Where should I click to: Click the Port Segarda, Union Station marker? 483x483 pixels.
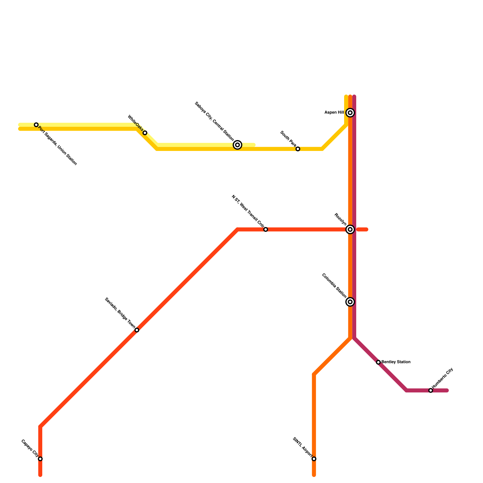click(36, 125)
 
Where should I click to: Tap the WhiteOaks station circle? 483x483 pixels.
click(145, 133)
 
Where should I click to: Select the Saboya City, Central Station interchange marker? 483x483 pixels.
click(238, 145)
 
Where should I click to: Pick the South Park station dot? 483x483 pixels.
click(298, 149)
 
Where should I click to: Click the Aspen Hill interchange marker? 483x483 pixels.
click(350, 113)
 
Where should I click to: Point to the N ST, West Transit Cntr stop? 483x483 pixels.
click(266, 229)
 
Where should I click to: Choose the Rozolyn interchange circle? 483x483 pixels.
click(350, 229)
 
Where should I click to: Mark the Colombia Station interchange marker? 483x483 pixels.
click(350, 302)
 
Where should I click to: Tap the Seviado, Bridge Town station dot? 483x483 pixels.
click(137, 330)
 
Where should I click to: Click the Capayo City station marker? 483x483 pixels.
click(40, 459)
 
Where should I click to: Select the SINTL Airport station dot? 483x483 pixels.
click(314, 459)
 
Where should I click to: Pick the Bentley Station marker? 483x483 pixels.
click(378, 362)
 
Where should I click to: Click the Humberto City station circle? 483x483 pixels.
click(431, 390)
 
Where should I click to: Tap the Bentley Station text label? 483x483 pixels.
click(396, 362)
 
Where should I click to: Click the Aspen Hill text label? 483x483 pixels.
click(334, 113)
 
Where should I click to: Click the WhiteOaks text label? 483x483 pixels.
click(135, 123)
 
